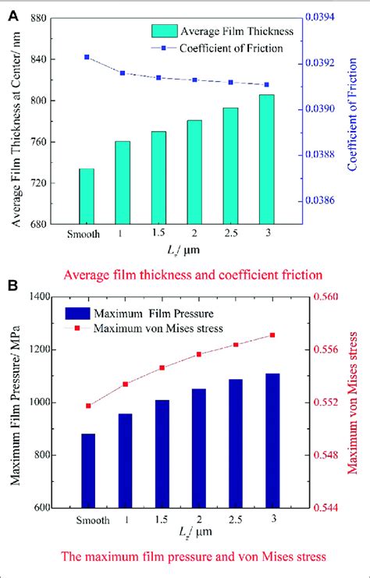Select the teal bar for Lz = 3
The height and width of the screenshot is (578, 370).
click(266, 160)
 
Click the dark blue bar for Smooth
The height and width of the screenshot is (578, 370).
click(87, 470)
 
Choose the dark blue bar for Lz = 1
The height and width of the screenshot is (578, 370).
click(125, 460)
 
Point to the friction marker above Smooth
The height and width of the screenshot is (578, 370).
click(86, 57)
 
